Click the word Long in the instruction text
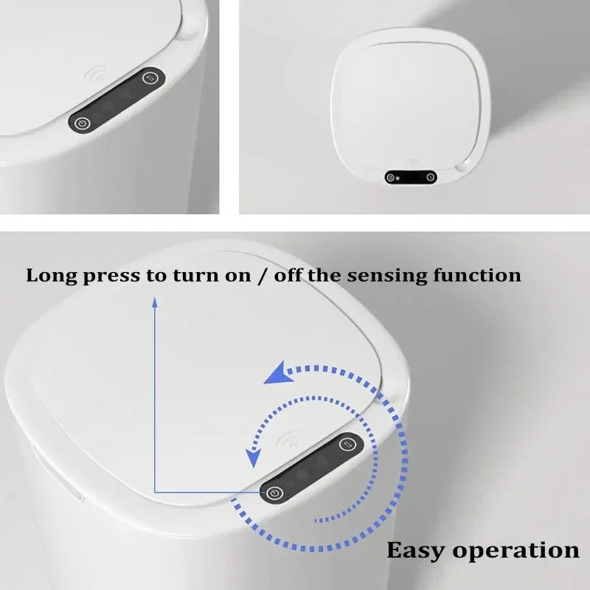click(x=49, y=277)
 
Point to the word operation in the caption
click(x=516, y=551)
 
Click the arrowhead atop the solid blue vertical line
click(x=155, y=301)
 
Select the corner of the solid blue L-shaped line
click(x=155, y=492)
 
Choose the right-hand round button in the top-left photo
click(x=151, y=77)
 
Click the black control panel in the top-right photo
click(x=410, y=177)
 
